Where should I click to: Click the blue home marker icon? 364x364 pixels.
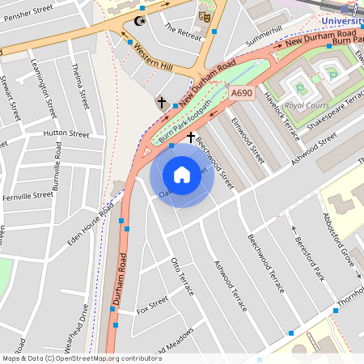click(x=182, y=174)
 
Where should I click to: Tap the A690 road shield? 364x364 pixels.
click(x=242, y=94)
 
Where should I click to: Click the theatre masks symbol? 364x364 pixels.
click(x=204, y=15)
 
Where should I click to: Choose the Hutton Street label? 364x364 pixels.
click(x=66, y=133)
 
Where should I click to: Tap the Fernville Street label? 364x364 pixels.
click(x=28, y=196)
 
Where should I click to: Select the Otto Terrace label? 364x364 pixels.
click(x=182, y=276)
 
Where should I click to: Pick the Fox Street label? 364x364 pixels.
click(x=152, y=306)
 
